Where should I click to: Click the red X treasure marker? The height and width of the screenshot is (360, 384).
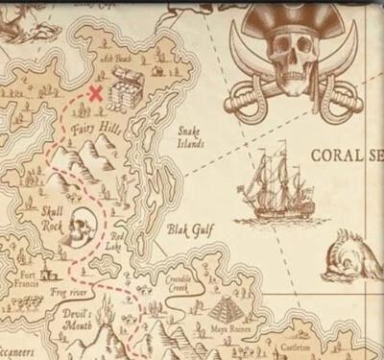point(96,93)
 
